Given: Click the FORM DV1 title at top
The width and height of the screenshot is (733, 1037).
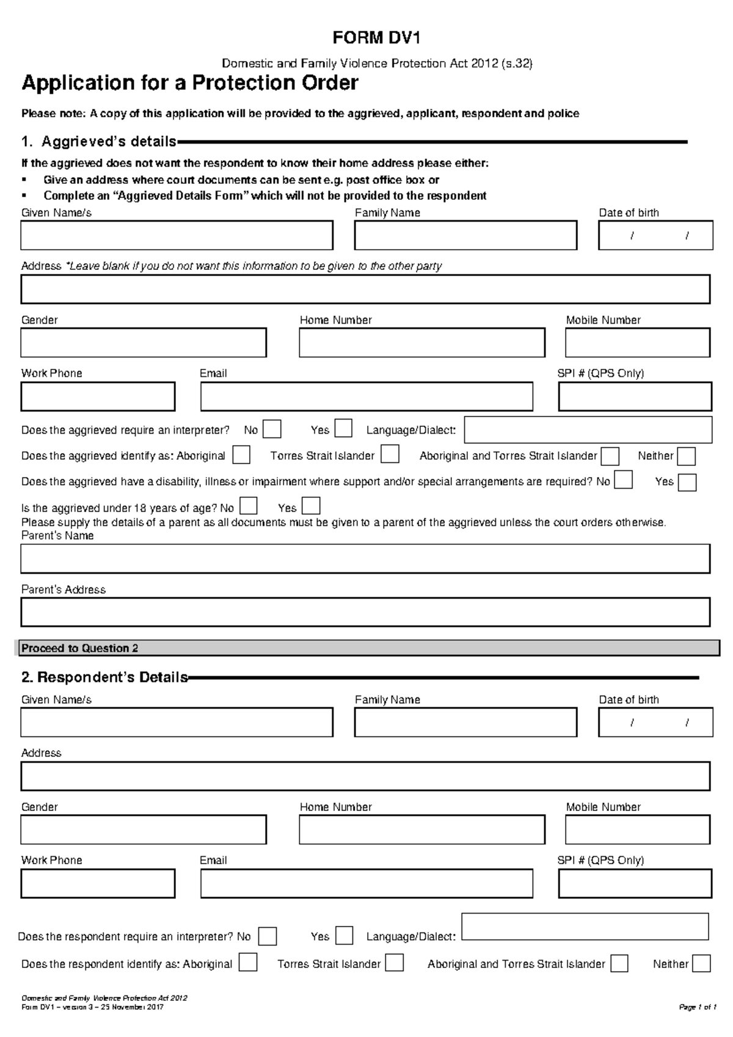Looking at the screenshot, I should [376, 38].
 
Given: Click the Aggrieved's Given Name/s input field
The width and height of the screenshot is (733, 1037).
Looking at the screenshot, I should [177, 235].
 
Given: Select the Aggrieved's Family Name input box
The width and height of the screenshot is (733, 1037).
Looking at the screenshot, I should [465, 235].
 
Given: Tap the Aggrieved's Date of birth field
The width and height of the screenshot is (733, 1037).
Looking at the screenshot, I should [655, 235].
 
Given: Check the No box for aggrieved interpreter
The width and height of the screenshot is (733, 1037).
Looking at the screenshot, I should [272, 429].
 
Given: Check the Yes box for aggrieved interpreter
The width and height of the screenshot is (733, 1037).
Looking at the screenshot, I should [343, 429].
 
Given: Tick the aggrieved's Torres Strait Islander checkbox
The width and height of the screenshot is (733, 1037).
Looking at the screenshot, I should [390, 454].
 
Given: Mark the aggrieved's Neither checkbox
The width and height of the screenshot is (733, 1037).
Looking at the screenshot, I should [687, 456].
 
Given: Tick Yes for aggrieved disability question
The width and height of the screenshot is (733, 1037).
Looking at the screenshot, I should [687, 482].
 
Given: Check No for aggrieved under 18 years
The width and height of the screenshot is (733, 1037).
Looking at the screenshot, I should [249, 506].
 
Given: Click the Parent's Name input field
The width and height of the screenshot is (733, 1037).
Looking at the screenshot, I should [365, 559].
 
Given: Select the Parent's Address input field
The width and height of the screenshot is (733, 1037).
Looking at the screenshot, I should [365, 612].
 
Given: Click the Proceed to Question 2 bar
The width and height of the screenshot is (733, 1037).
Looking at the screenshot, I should [366, 648].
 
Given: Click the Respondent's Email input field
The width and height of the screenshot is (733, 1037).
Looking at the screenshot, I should [366, 884].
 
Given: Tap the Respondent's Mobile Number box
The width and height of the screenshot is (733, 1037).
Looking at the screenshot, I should [638, 830].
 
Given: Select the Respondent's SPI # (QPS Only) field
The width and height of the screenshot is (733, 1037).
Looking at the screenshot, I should [635, 884].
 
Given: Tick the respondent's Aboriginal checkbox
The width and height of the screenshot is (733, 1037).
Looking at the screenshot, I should [248, 963].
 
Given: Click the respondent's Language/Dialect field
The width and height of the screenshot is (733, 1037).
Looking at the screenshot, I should [585, 926].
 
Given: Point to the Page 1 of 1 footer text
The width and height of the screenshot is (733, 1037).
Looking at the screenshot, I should [697, 1008].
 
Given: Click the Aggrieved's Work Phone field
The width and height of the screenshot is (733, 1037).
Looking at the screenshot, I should [98, 397].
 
